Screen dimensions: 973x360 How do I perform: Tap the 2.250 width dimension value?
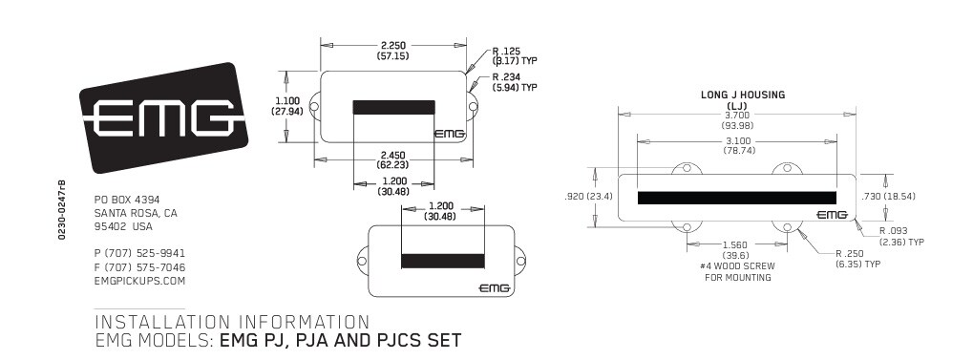click(x=393, y=45)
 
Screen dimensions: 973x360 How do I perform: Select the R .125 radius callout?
click(x=506, y=51)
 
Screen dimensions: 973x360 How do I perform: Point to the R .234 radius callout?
click(x=506, y=77)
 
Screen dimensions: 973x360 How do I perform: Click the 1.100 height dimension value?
click(x=287, y=101)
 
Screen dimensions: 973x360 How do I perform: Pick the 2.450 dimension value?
click(x=393, y=155)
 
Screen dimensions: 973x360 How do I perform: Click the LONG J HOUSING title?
click(x=743, y=95)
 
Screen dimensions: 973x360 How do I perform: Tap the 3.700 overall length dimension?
click(x=737, y=115)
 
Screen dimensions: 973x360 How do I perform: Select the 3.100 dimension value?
click(x=737, y=141)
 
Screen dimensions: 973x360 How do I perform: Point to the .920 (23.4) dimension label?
click(x=588, y=196)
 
